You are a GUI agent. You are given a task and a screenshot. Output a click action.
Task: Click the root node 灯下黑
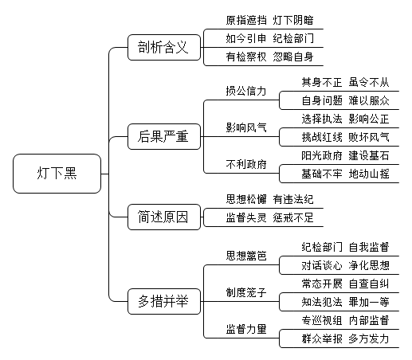point(57,174)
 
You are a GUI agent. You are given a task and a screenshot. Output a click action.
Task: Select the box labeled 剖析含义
point(164,47)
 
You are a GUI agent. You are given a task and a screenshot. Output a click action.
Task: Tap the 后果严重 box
point(164,136)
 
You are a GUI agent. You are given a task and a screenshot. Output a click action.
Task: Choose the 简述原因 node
point(164,217)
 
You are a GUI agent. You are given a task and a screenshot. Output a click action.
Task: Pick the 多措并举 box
point(164,301)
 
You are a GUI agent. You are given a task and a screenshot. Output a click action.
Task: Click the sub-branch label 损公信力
point(246,91)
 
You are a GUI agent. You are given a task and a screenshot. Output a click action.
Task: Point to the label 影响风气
point(246,127)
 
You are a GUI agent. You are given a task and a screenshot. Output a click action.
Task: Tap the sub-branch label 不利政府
point(246,164)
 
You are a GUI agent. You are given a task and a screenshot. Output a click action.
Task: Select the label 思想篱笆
point(246,256)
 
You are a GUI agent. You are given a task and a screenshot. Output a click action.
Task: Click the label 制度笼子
point(246,292)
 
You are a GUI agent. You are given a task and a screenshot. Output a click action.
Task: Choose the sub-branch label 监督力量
point(246,329)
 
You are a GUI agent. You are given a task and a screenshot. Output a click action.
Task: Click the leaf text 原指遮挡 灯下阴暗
point(269,20)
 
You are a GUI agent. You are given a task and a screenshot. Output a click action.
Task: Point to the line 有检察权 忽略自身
point(269,57)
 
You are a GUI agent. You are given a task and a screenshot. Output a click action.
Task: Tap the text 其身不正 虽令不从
point(345,82)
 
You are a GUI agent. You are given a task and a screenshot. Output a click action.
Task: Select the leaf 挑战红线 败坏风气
point(345,137)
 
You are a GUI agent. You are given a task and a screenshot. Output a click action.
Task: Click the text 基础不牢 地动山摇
point(345,174)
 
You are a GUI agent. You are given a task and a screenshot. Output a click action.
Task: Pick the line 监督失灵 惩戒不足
point(269,217)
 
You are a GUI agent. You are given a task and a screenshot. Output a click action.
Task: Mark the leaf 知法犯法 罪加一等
point(345,302)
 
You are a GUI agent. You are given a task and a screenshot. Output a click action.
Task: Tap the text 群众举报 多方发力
point(345,338)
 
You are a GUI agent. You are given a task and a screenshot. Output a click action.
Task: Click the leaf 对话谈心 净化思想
point(345,265)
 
